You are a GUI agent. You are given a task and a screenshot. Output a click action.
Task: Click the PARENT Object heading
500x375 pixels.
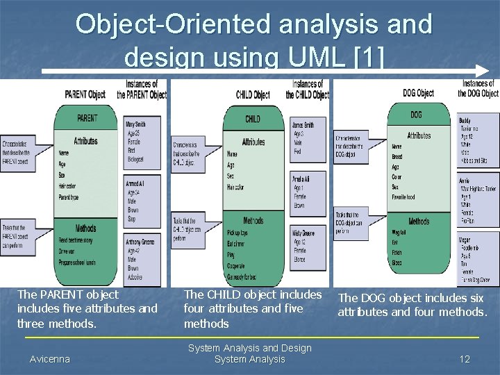click(x=85, y=94)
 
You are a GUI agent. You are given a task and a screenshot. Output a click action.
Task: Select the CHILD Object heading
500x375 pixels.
click(x=253, y=94)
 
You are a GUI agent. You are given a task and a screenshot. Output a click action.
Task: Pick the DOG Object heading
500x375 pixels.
click(x=418, y=92)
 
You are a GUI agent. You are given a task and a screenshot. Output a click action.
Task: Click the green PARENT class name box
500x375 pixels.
click(x=87, y=118)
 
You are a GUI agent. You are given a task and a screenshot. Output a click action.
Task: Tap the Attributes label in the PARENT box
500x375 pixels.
click(x=86, y=141)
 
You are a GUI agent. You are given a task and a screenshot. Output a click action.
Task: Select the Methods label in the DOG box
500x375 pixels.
click(x=419, y=222)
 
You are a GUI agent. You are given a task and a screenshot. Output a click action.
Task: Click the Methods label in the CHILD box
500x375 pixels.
click(x=253, y=221)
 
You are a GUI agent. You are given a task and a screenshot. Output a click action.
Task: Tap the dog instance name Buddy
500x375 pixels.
click(x=465, y=121)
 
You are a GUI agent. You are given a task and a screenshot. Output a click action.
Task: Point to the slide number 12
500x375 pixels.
click(x=465, y=359)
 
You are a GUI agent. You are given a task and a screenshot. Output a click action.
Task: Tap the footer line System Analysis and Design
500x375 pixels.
click(x=250, y=348)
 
